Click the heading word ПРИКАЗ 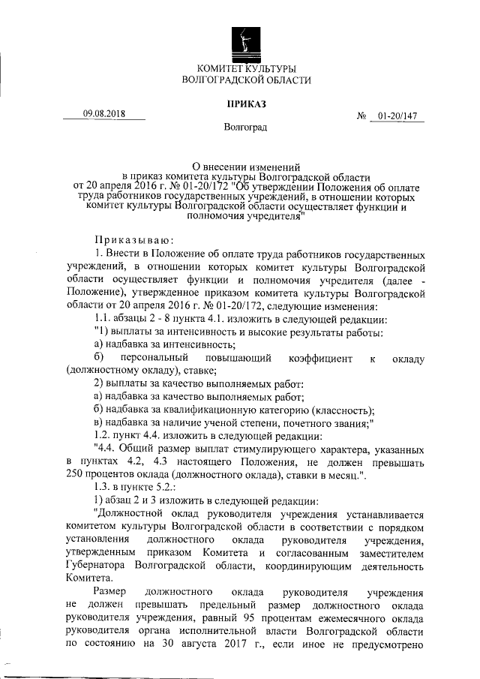246,104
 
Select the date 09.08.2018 104,114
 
